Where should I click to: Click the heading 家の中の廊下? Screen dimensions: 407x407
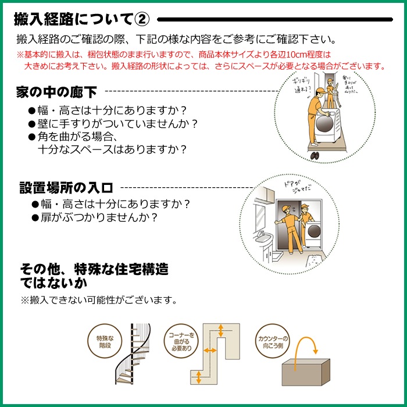56,92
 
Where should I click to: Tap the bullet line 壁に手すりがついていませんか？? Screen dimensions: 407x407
113,123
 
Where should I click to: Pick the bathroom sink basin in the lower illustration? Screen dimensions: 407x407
263,239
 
